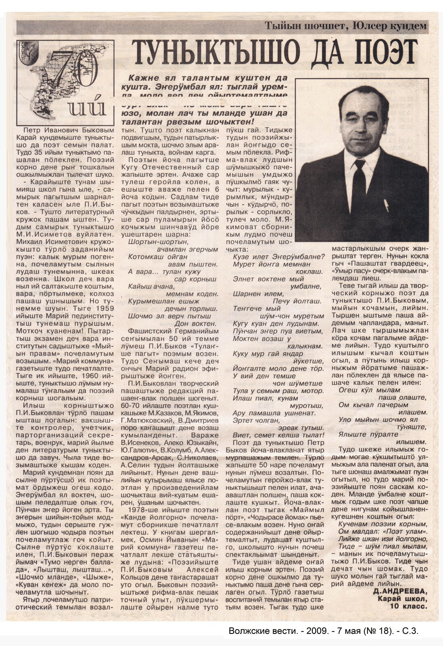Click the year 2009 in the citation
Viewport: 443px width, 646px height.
(x=308, y=631)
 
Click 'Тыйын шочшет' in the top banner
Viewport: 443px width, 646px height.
(x=305, y=26)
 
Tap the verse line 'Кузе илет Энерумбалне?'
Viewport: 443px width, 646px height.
(x=279, y=257)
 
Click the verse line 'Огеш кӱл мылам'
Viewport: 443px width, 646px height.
(x=369, y=390)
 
